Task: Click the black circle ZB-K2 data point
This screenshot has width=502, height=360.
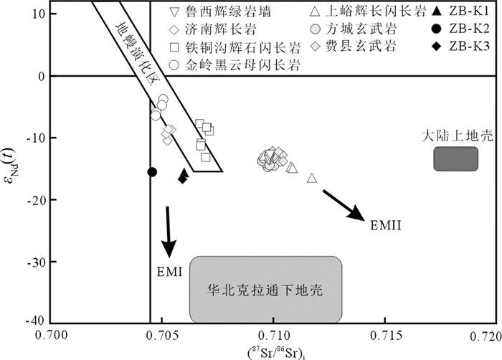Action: click(152, 171)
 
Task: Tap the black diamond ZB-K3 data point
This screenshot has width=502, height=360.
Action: click(183, 179)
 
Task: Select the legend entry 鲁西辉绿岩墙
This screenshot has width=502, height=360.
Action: click(215, 12)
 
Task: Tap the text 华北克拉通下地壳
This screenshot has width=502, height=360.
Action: click(265, 291)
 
